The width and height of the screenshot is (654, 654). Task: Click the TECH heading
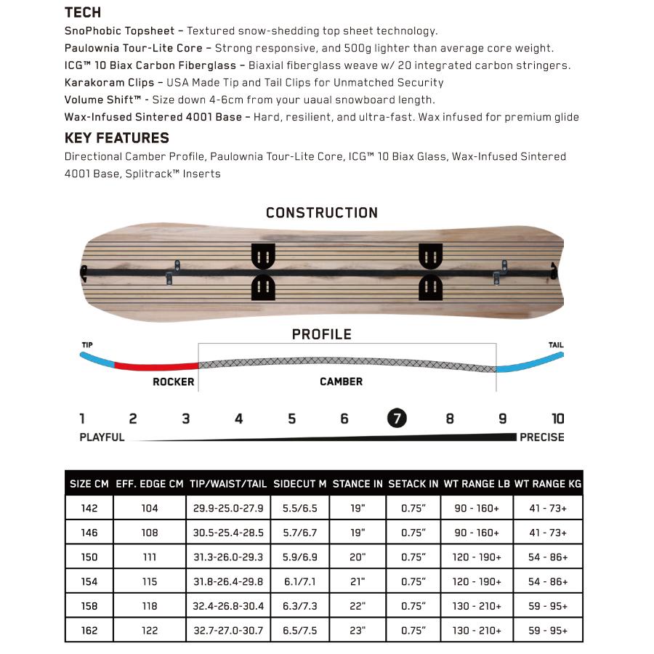coord(83,12)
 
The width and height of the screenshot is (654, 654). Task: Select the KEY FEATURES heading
coord(116,138)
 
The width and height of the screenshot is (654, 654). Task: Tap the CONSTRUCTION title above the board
coord(322,213)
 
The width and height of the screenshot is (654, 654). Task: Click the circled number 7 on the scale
coord(397,419)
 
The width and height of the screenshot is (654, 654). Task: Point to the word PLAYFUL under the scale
coord(102,437)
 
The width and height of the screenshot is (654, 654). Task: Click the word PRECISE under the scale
coord(541,437)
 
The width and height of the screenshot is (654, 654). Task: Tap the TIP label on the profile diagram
coord(87,345)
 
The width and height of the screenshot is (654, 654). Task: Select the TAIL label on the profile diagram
coord(555,345)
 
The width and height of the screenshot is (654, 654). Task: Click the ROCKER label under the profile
coord(173,381)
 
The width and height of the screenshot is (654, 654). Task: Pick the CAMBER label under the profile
coord(341,381)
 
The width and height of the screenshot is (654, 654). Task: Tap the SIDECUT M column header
coord(300,484)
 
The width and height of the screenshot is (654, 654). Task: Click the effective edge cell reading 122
coord(149,631)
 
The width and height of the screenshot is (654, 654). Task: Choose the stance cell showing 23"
coord(358,631)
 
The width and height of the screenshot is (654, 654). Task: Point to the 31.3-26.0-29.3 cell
coord(228,557)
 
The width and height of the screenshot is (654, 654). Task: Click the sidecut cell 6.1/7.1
coord(300,582)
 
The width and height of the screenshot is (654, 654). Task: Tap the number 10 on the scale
coord(557,419)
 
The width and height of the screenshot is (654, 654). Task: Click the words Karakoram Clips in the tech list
coord(109,83)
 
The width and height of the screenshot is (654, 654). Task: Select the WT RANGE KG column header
coord(548,484)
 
